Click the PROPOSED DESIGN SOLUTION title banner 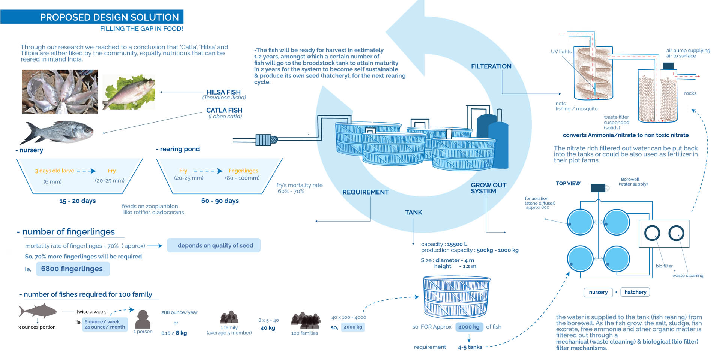92,17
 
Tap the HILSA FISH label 223,92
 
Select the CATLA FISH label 224,110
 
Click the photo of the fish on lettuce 129,92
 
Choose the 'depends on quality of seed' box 214,245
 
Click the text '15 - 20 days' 78,201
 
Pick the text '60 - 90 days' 220,201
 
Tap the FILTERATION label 491,66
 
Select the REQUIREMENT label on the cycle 365,192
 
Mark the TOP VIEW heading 568,183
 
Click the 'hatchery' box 635,292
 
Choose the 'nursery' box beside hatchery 598,292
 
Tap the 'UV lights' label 561,52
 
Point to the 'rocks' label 690,93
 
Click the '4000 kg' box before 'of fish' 468,327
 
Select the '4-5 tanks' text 470,347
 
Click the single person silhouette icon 142,319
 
